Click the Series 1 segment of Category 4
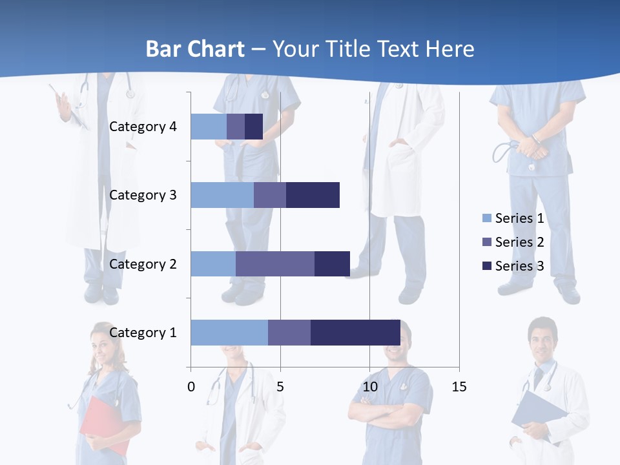coord(208,127)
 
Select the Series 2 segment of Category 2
coord(274,263)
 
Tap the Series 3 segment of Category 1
coord(355,333)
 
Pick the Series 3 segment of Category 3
coord(313,195)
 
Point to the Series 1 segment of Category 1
coord(229,333)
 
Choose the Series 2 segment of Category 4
coord(236,127)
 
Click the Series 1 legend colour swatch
coord(486,218)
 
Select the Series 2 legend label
coord(519,242)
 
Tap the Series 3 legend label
coord(519,266)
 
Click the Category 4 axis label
coord(143,127)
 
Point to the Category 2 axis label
coord(143,263)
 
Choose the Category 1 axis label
coord(143,333)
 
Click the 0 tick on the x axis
coord(191,387)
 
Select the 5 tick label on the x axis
coord(280,387)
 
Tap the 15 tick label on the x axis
coord(459,387)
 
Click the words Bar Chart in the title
coord(195,49)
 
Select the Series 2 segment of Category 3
coord(270,195)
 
